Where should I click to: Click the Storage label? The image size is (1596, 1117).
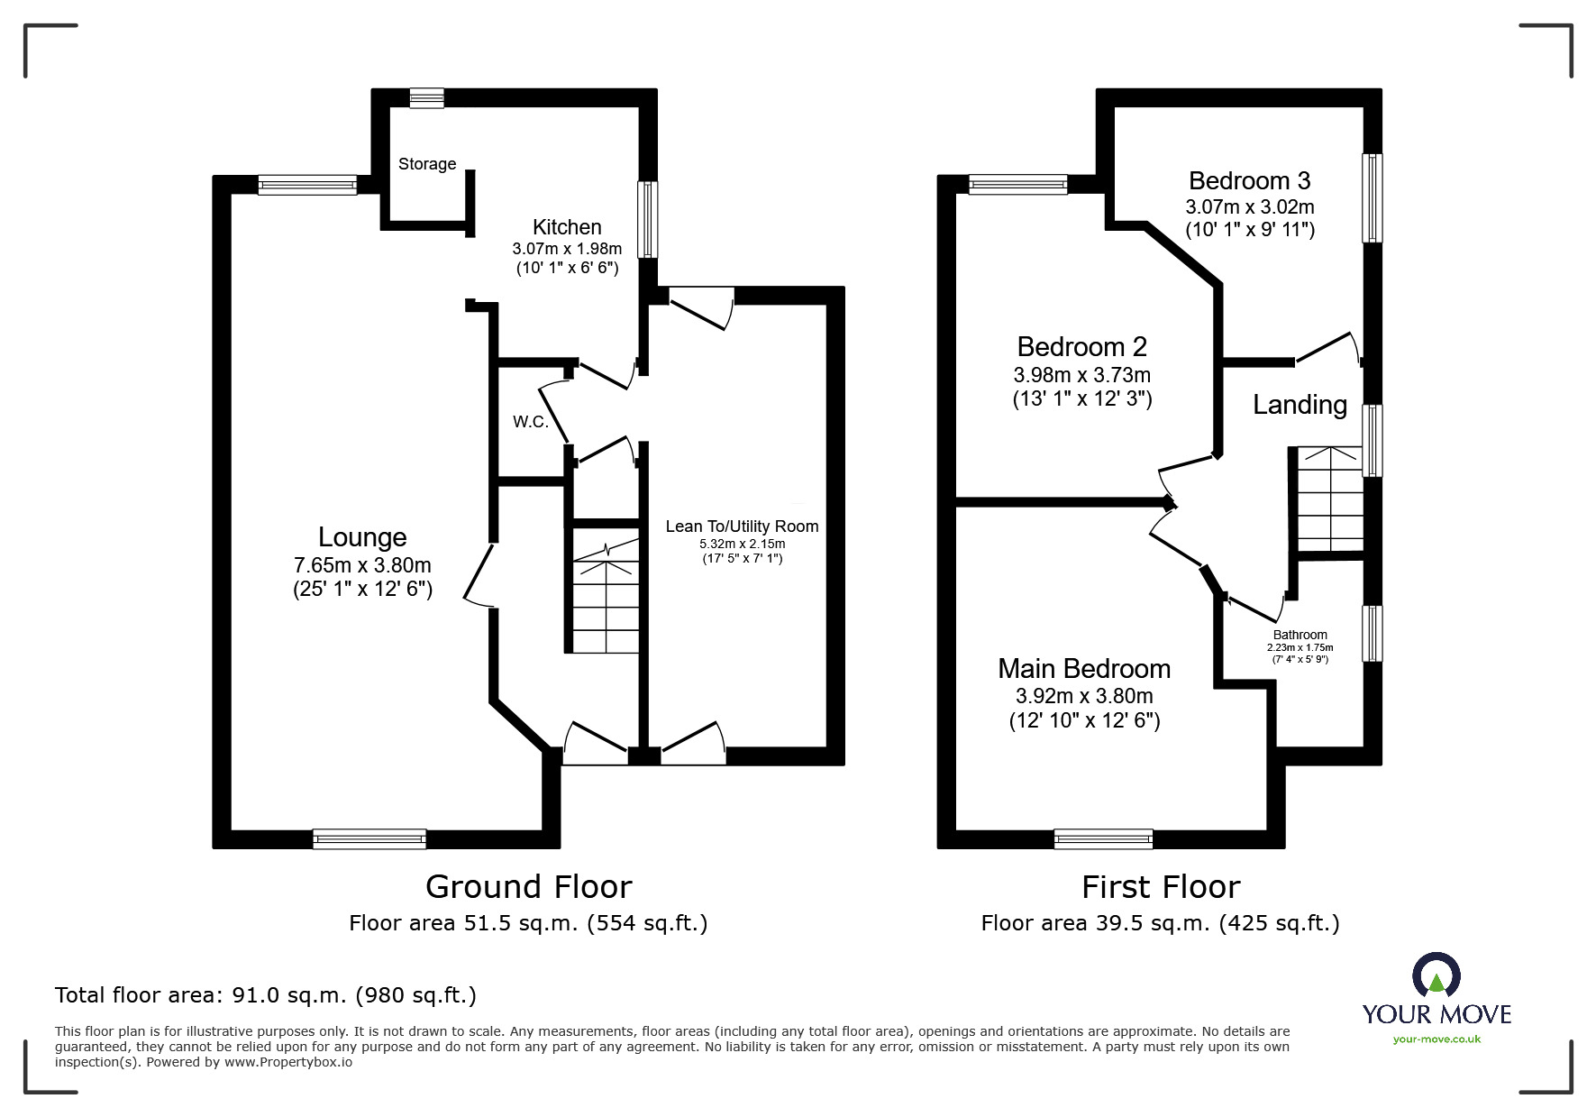coord(427,164)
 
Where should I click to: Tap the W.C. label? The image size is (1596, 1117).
coord(531,422)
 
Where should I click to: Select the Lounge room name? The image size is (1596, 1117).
coord(362,537)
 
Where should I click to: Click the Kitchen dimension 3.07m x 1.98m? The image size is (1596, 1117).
coord(567,249)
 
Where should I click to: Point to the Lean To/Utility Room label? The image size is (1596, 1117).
coord(742,526)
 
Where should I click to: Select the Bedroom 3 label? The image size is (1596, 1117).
coord(1249,181)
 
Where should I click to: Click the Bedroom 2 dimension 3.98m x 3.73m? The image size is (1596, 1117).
coord(1081,375)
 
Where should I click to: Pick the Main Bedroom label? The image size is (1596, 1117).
coord(1084,669)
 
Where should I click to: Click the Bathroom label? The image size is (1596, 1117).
coord(1300,635)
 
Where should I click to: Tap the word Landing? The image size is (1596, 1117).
coord(1300,405)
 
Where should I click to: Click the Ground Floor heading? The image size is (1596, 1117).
coord(528,887)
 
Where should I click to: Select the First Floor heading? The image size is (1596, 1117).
coord(1161,887)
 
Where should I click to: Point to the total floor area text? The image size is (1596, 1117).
coord(266,995)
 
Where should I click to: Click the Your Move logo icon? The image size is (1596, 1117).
coord(1436,975)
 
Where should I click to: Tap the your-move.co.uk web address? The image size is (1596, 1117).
coord(1436,1039)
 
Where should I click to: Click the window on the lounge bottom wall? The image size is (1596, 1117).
coord(369,839)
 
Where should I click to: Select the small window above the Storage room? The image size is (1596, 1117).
coord(426,98)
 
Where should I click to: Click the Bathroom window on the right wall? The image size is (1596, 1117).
coord(1371,634)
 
